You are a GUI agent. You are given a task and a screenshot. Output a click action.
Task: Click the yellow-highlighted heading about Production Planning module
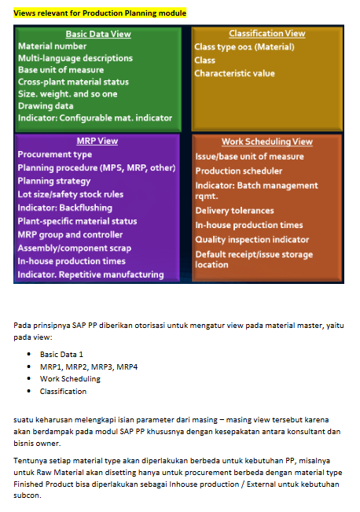pos(100,13)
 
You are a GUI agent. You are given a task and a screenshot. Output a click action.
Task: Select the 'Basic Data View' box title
pos(98,34)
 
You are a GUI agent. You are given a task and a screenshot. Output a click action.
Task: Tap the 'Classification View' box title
pos(267,33)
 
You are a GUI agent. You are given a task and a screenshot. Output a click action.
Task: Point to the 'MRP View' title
pos(97,141)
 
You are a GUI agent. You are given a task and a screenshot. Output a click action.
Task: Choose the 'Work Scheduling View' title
pos(267,142)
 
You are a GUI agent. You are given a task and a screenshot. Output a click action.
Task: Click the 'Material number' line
pos(52,46)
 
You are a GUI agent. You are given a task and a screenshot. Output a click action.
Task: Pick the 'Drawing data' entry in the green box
pos(46,106)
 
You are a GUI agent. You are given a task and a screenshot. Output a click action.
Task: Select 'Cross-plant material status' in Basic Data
pos(73,82)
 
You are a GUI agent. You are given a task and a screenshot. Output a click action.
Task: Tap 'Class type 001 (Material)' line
pos(244,47)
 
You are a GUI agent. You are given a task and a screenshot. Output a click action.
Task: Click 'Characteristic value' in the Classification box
pos(234,73)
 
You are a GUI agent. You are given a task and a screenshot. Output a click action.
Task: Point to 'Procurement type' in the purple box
pos(55,154)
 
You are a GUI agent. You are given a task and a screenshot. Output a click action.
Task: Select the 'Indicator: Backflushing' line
pos(65,208)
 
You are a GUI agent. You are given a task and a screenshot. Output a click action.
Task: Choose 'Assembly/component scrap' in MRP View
pos(75,249)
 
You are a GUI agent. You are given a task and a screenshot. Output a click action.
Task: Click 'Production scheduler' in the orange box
pos(239,171)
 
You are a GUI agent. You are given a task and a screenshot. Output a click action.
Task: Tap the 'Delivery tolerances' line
pos(235,211)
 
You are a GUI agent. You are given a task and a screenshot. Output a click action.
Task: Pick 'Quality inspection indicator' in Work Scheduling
pos(252,240)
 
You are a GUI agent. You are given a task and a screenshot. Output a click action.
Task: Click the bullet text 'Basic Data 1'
pos(61,354)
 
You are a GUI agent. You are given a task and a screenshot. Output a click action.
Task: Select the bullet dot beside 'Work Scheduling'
pos(29,378)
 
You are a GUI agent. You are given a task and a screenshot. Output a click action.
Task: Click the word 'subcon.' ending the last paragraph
pos(28,495)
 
